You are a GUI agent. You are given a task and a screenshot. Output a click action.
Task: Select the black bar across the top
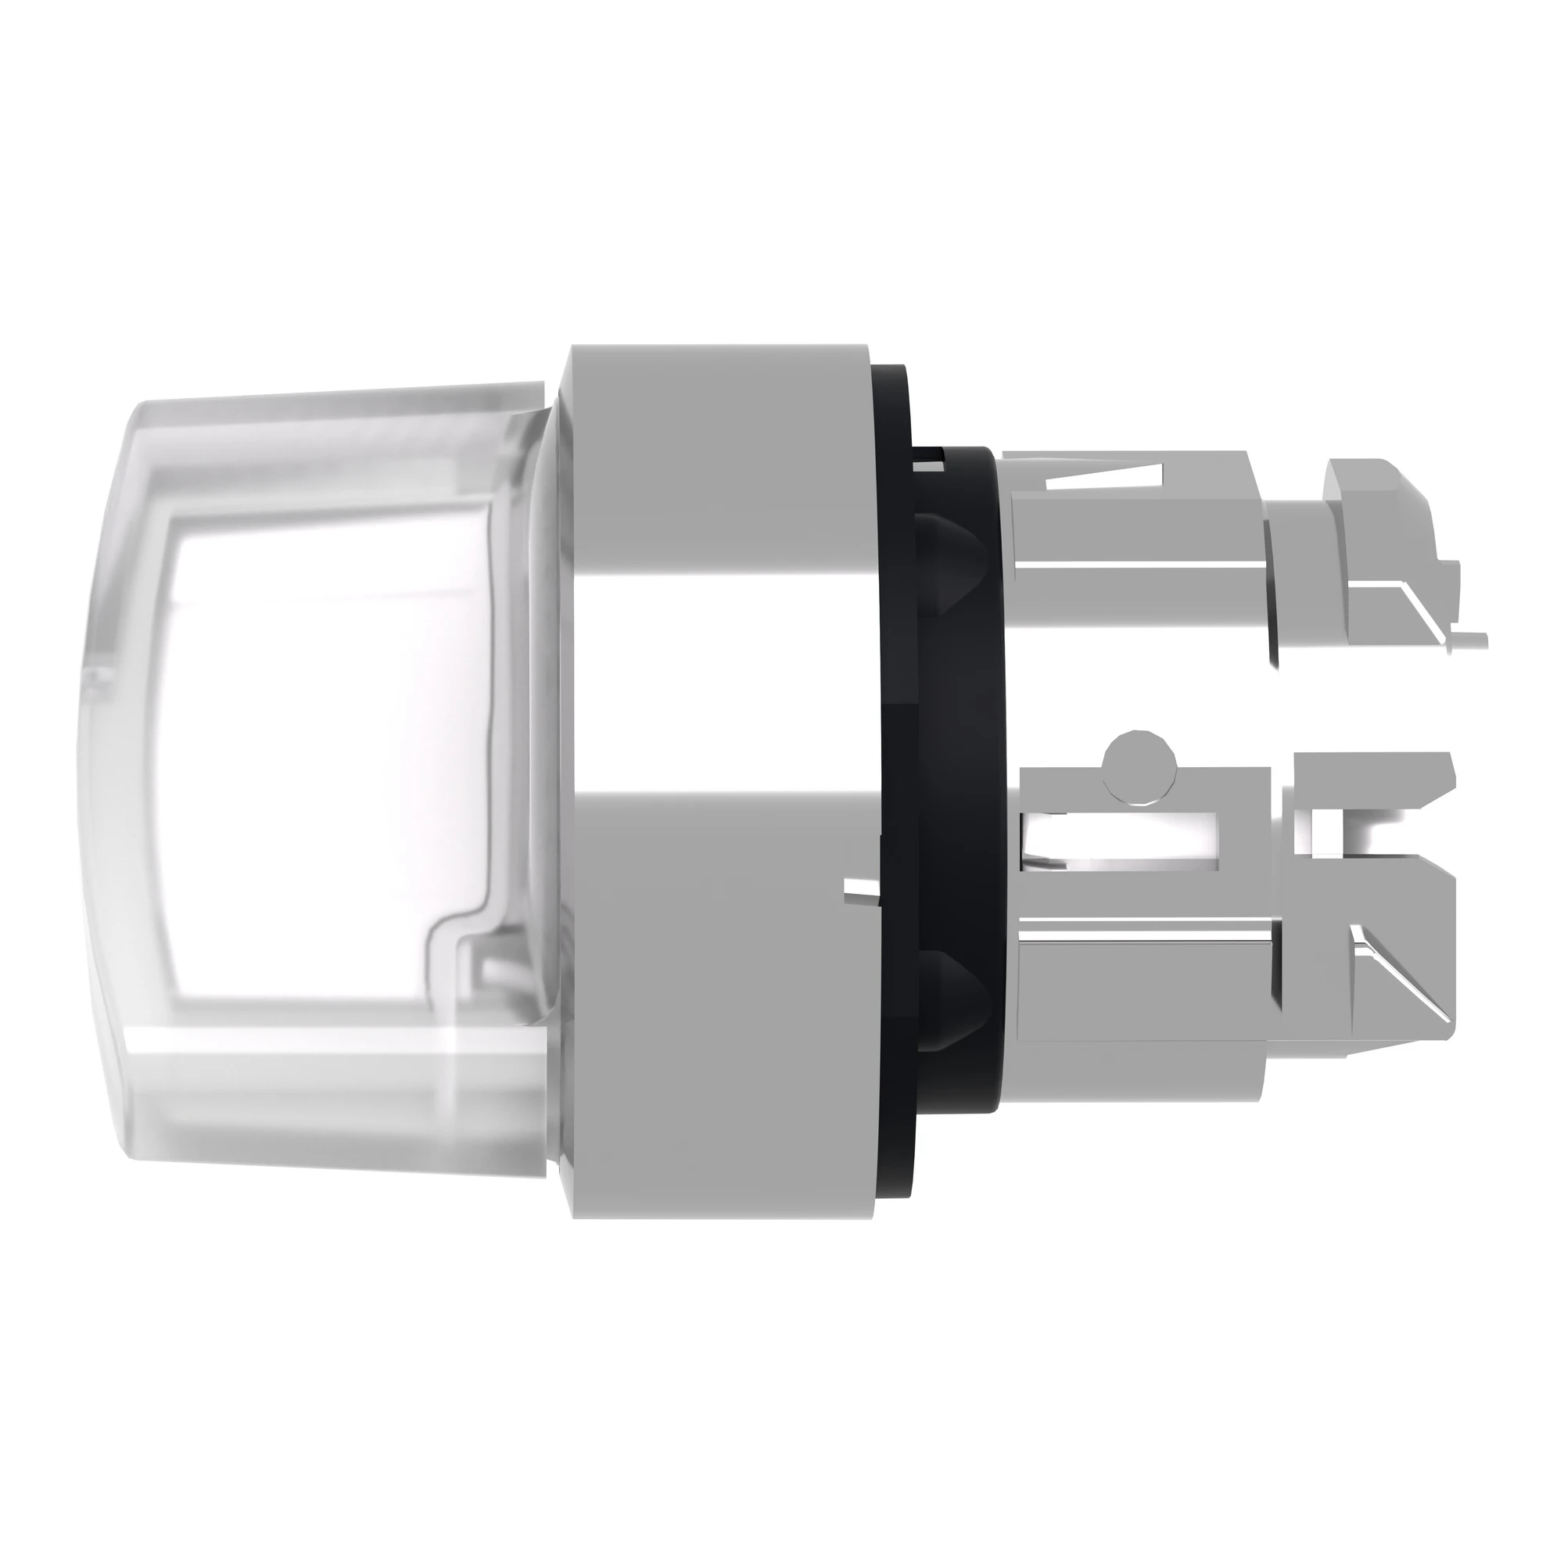pyautogui.click(x=782, y=145)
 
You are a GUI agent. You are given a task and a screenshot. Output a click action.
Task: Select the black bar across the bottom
pyautogui.click(x=782, y=1417)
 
